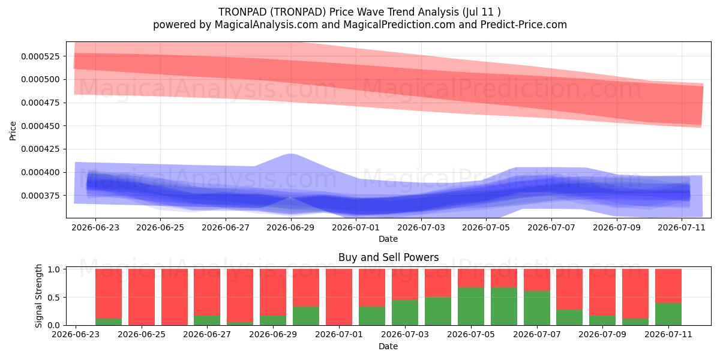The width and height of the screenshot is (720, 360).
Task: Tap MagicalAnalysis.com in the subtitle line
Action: pyautogui.click(x=266, y=25)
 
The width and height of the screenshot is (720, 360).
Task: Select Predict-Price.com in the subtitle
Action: pyautogui.click(x=524, y=25)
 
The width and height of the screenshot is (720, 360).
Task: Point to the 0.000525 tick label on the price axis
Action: pyautogui.click(x=41, y=56)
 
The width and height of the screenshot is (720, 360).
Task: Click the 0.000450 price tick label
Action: pyautogui.click(x=41, y=126)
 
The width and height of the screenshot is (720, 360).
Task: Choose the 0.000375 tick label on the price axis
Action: pyautogui.click(x=41, y=196)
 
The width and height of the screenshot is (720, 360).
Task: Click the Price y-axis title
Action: pyautogui.click(x=13, y=131)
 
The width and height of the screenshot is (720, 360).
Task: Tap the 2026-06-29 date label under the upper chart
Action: pyautogui.click(x=290, y=227)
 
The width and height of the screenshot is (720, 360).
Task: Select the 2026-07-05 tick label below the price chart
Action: pyautogui.click(x=486, y=227)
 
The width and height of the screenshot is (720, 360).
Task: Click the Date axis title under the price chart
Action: pyautogui.click(x=388, y=239)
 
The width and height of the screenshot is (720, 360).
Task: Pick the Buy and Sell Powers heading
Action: pyautogui.click(x=388, y=257)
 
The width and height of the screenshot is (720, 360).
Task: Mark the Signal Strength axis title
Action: pyautogui.click(x=38, y=296)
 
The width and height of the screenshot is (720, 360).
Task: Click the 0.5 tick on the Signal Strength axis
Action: pyautogui.click(x=53, y=298)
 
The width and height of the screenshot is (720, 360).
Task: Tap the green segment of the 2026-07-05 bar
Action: pyautogui.click(x=471, y=307)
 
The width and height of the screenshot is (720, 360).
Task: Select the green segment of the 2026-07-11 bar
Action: pyautogui.click(x=668, y=314)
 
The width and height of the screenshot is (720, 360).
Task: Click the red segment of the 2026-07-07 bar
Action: pyautogui.click(x=537, y=280)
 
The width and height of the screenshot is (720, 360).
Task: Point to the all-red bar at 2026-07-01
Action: pyautogui.click(x=339, y=297)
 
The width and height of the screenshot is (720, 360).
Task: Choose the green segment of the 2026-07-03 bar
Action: pyautogui.click(x=405, y=313)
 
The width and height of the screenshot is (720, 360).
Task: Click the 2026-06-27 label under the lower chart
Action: pyautogui.click(x=207, y=334)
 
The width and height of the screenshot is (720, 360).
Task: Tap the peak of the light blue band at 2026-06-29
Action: pyautogui.click(x=290, y=154)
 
